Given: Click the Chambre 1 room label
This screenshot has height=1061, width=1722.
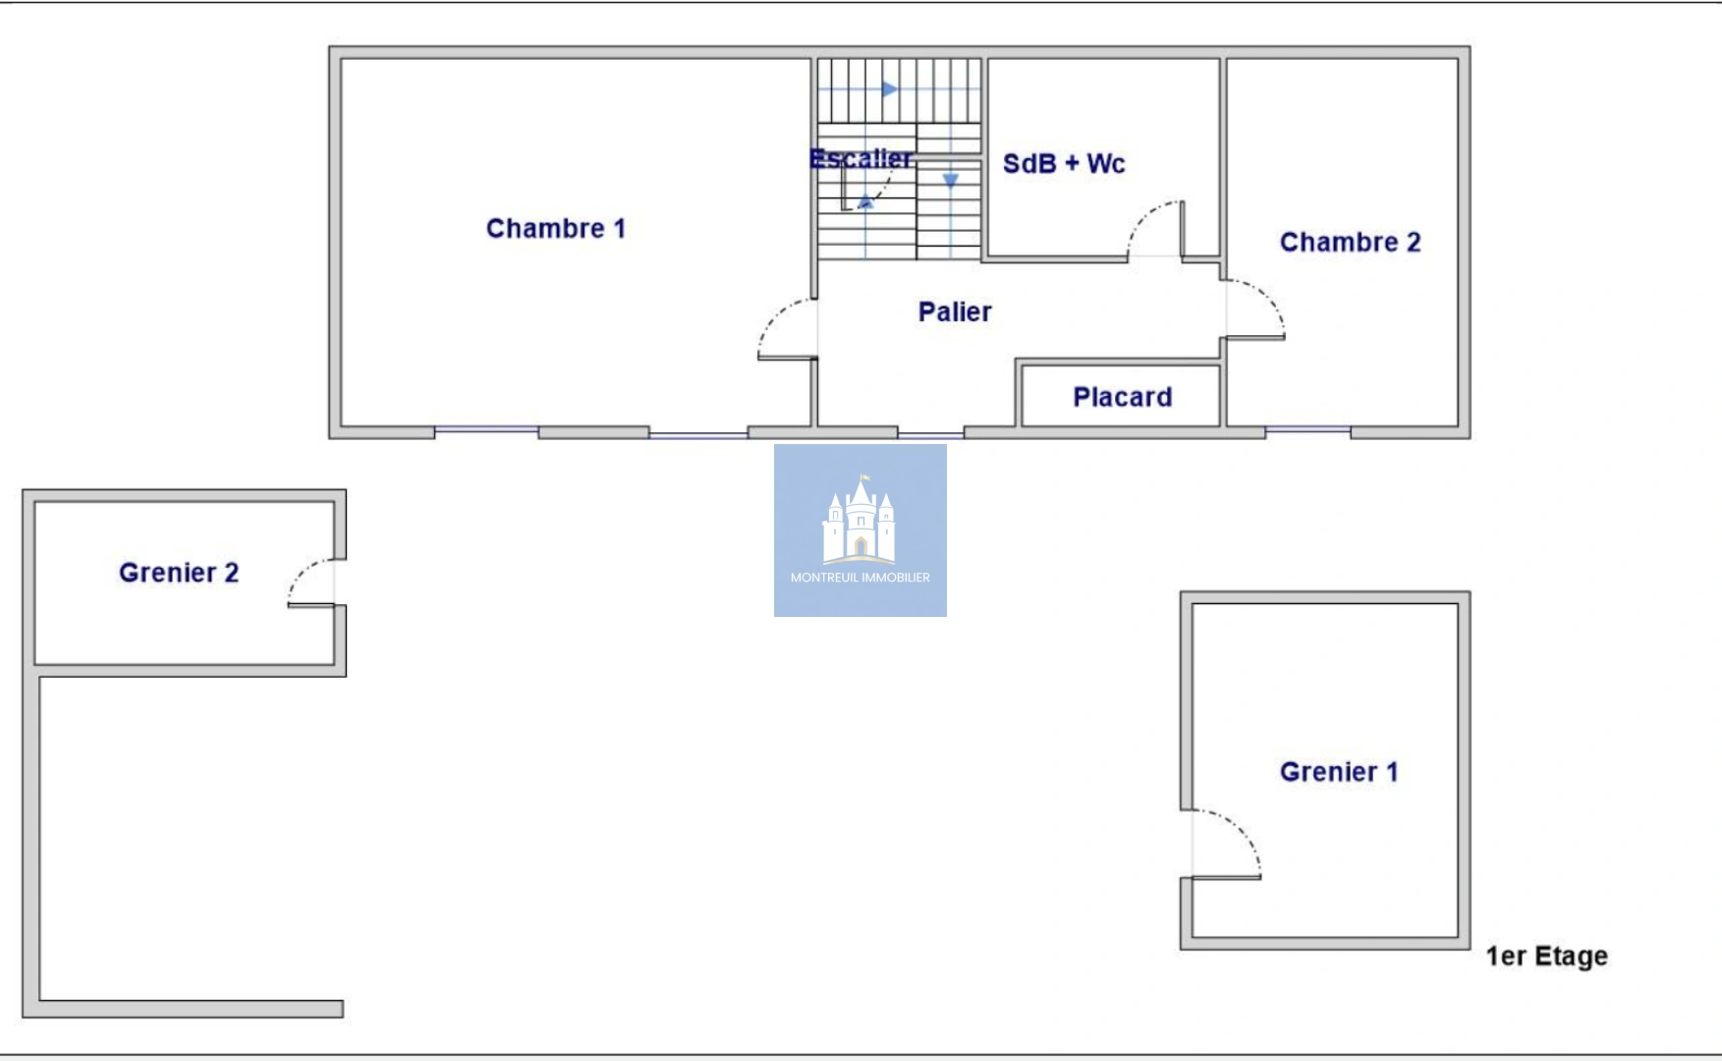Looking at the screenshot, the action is click(555, 229).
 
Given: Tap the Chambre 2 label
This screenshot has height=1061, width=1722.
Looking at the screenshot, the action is click(1350, 243).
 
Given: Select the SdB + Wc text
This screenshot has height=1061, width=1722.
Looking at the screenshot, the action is click(1063, 164).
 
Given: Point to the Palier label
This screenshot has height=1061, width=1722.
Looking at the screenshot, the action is click(955, 312).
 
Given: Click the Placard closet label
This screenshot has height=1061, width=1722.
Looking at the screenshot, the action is click(1122, 397).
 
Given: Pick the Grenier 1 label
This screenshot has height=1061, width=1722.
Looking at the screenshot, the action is click(1338, 772).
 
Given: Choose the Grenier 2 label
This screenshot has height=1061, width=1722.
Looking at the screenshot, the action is click(179, 573).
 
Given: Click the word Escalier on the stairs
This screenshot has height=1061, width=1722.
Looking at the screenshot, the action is click(861, 158).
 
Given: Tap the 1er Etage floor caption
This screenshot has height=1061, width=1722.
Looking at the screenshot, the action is click(1546, 956).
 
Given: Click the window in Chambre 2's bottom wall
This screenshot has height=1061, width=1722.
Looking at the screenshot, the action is click(1307, 430).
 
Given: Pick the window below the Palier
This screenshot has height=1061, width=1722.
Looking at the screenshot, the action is click(930, 433).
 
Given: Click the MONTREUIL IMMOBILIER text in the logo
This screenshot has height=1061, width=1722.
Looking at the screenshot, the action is click(861, 578).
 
